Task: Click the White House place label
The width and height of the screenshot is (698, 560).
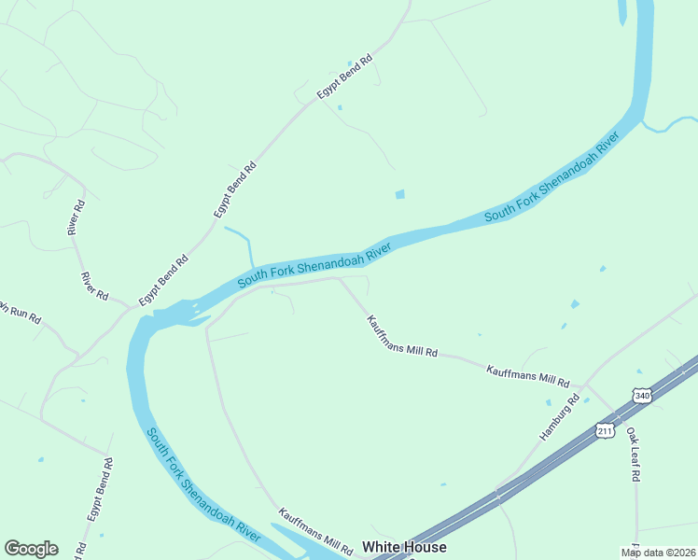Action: pos(404,547)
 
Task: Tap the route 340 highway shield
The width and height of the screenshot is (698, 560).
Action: pos(642,397)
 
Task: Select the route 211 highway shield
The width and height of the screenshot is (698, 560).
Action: pos(606,430)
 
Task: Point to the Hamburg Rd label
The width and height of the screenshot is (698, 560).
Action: pos(559,416)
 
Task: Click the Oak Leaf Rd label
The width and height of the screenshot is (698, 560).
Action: pos(634,455)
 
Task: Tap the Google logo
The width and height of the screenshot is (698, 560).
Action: pos(31,549)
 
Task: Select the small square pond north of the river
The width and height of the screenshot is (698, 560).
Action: pos(400,194)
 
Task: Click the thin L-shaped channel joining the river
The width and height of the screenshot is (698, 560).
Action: pos(246,245)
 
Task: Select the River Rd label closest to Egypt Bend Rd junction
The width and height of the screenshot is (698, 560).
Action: pos(95,286)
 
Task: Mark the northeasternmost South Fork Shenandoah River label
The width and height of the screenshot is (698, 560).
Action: pos(552,177)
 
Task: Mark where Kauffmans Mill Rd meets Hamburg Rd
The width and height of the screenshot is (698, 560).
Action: pos(584,385)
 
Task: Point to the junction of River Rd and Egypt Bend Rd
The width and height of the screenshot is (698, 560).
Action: pos(129,305)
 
